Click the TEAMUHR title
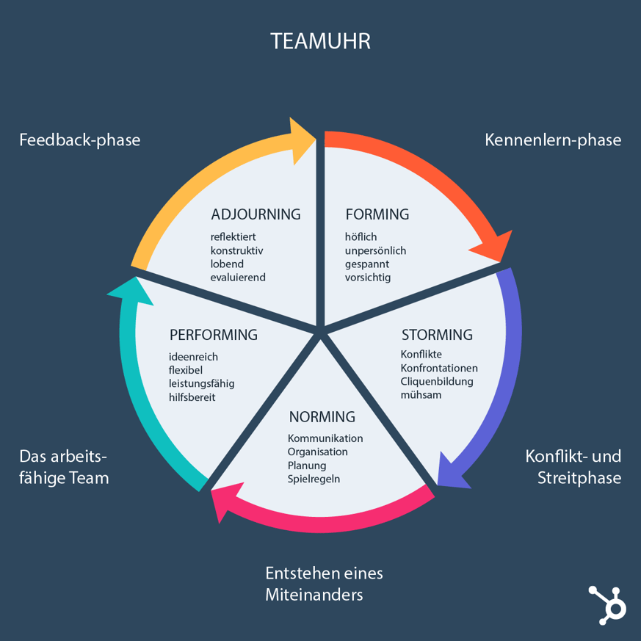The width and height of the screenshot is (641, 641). click(320, 40)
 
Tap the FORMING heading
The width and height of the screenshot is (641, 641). click(377, 214)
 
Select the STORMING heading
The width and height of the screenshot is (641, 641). click(437, 335)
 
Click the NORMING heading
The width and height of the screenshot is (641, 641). click(322, 417)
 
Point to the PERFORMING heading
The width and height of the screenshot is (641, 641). click(213, 335)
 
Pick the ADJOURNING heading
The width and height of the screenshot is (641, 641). click(256, 214)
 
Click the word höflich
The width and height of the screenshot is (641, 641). click(361, 236)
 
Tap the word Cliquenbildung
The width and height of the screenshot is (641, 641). click(437, 381)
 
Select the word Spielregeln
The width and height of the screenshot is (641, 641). click(314, 479)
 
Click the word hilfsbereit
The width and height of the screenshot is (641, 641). click(192, 397)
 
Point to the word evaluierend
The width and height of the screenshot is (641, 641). click(238, 277)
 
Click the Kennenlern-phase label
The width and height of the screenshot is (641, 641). click(553, 140)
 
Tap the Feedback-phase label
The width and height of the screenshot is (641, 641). click(79, 140)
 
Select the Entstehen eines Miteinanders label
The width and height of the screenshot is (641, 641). click(323, 584)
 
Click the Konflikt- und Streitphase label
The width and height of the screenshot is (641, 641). click(573, 467)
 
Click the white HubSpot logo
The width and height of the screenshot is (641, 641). click(606, 604)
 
